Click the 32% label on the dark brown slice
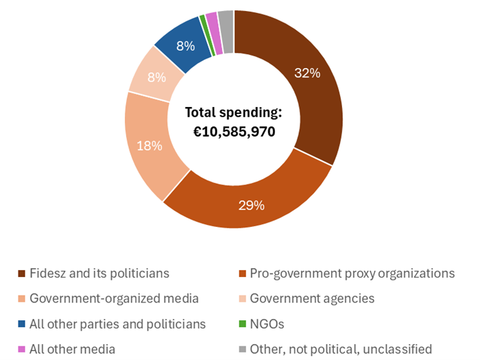pyautogui.click(x=307, y=73)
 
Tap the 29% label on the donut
pyautogui.click(x=251, y=204)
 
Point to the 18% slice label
pyautogui.click(x=149, y=145)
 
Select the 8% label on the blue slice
pyautogui.click(x=185, y=47)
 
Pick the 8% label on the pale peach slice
pyautogui.click(x=156, y=77)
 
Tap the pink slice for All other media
pyautogui.click(x=212, y=24)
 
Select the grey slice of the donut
pyautogui.click(x=226, y=22)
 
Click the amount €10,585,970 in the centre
pyautogui.click(x=234, y=132)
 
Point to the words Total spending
pyautogui.click(x=234, y=112)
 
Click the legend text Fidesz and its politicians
pyautogui.click(x=99, y=273)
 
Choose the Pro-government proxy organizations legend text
pyautogui.click(x=352, y=273)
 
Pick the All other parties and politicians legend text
pyautogui.click(x=117, y=324)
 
